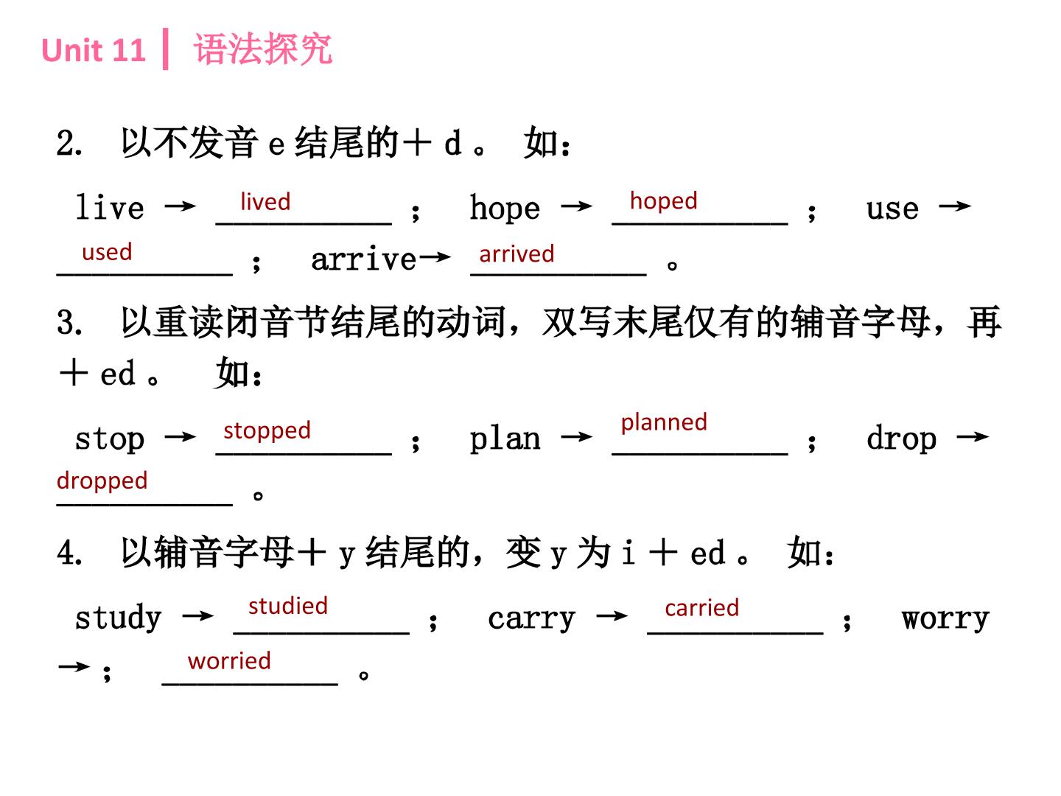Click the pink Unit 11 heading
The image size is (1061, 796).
[94, 50]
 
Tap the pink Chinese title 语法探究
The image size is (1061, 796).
[263, 49]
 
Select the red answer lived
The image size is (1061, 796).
[265, 201]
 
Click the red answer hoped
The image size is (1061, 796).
[664, 201]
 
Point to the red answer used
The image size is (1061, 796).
[107, 252]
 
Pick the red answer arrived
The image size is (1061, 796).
[517, 254]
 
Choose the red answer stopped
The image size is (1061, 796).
[267, 430]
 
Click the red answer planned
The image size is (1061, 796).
[664, 422]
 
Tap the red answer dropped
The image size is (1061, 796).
[102, 481]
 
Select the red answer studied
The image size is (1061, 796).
[288, 606]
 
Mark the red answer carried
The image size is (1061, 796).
[702, 608]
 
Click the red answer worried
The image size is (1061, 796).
[229, 660]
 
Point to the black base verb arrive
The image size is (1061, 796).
[363, 259]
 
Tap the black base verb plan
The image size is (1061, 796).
[505, 439]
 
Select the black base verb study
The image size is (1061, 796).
[119, 617]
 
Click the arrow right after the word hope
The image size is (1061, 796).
[577, 207]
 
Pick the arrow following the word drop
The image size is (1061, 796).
[973, 437]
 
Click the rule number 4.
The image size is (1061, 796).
[69, 552]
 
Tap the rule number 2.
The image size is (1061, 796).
[69, 143]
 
